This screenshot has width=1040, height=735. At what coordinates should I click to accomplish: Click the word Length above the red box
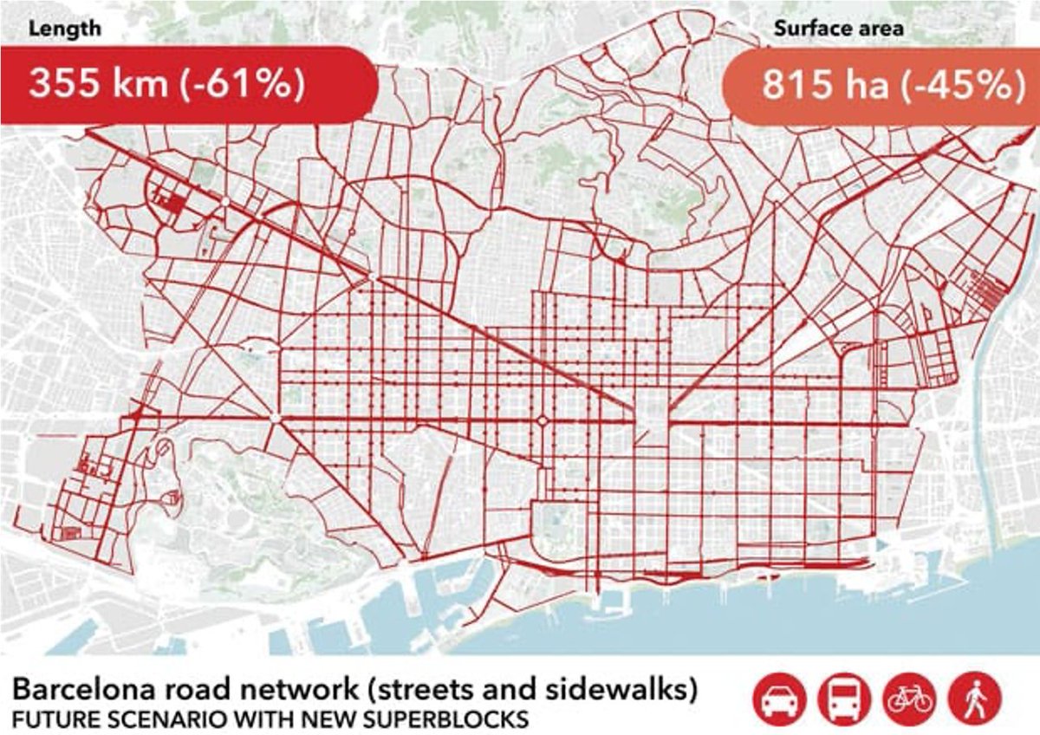click(x=65, y=28)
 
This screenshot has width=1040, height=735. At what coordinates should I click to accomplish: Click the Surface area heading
click(x=838, y=28)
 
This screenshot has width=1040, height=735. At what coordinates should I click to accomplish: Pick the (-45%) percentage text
click(x=962, y=86)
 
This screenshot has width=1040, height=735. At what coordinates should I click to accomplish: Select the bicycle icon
click(x=909, y=698)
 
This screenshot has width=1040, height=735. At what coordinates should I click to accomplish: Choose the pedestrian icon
click(x=975, y=698)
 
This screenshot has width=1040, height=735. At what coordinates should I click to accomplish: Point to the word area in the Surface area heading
click(x=880, y=28)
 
